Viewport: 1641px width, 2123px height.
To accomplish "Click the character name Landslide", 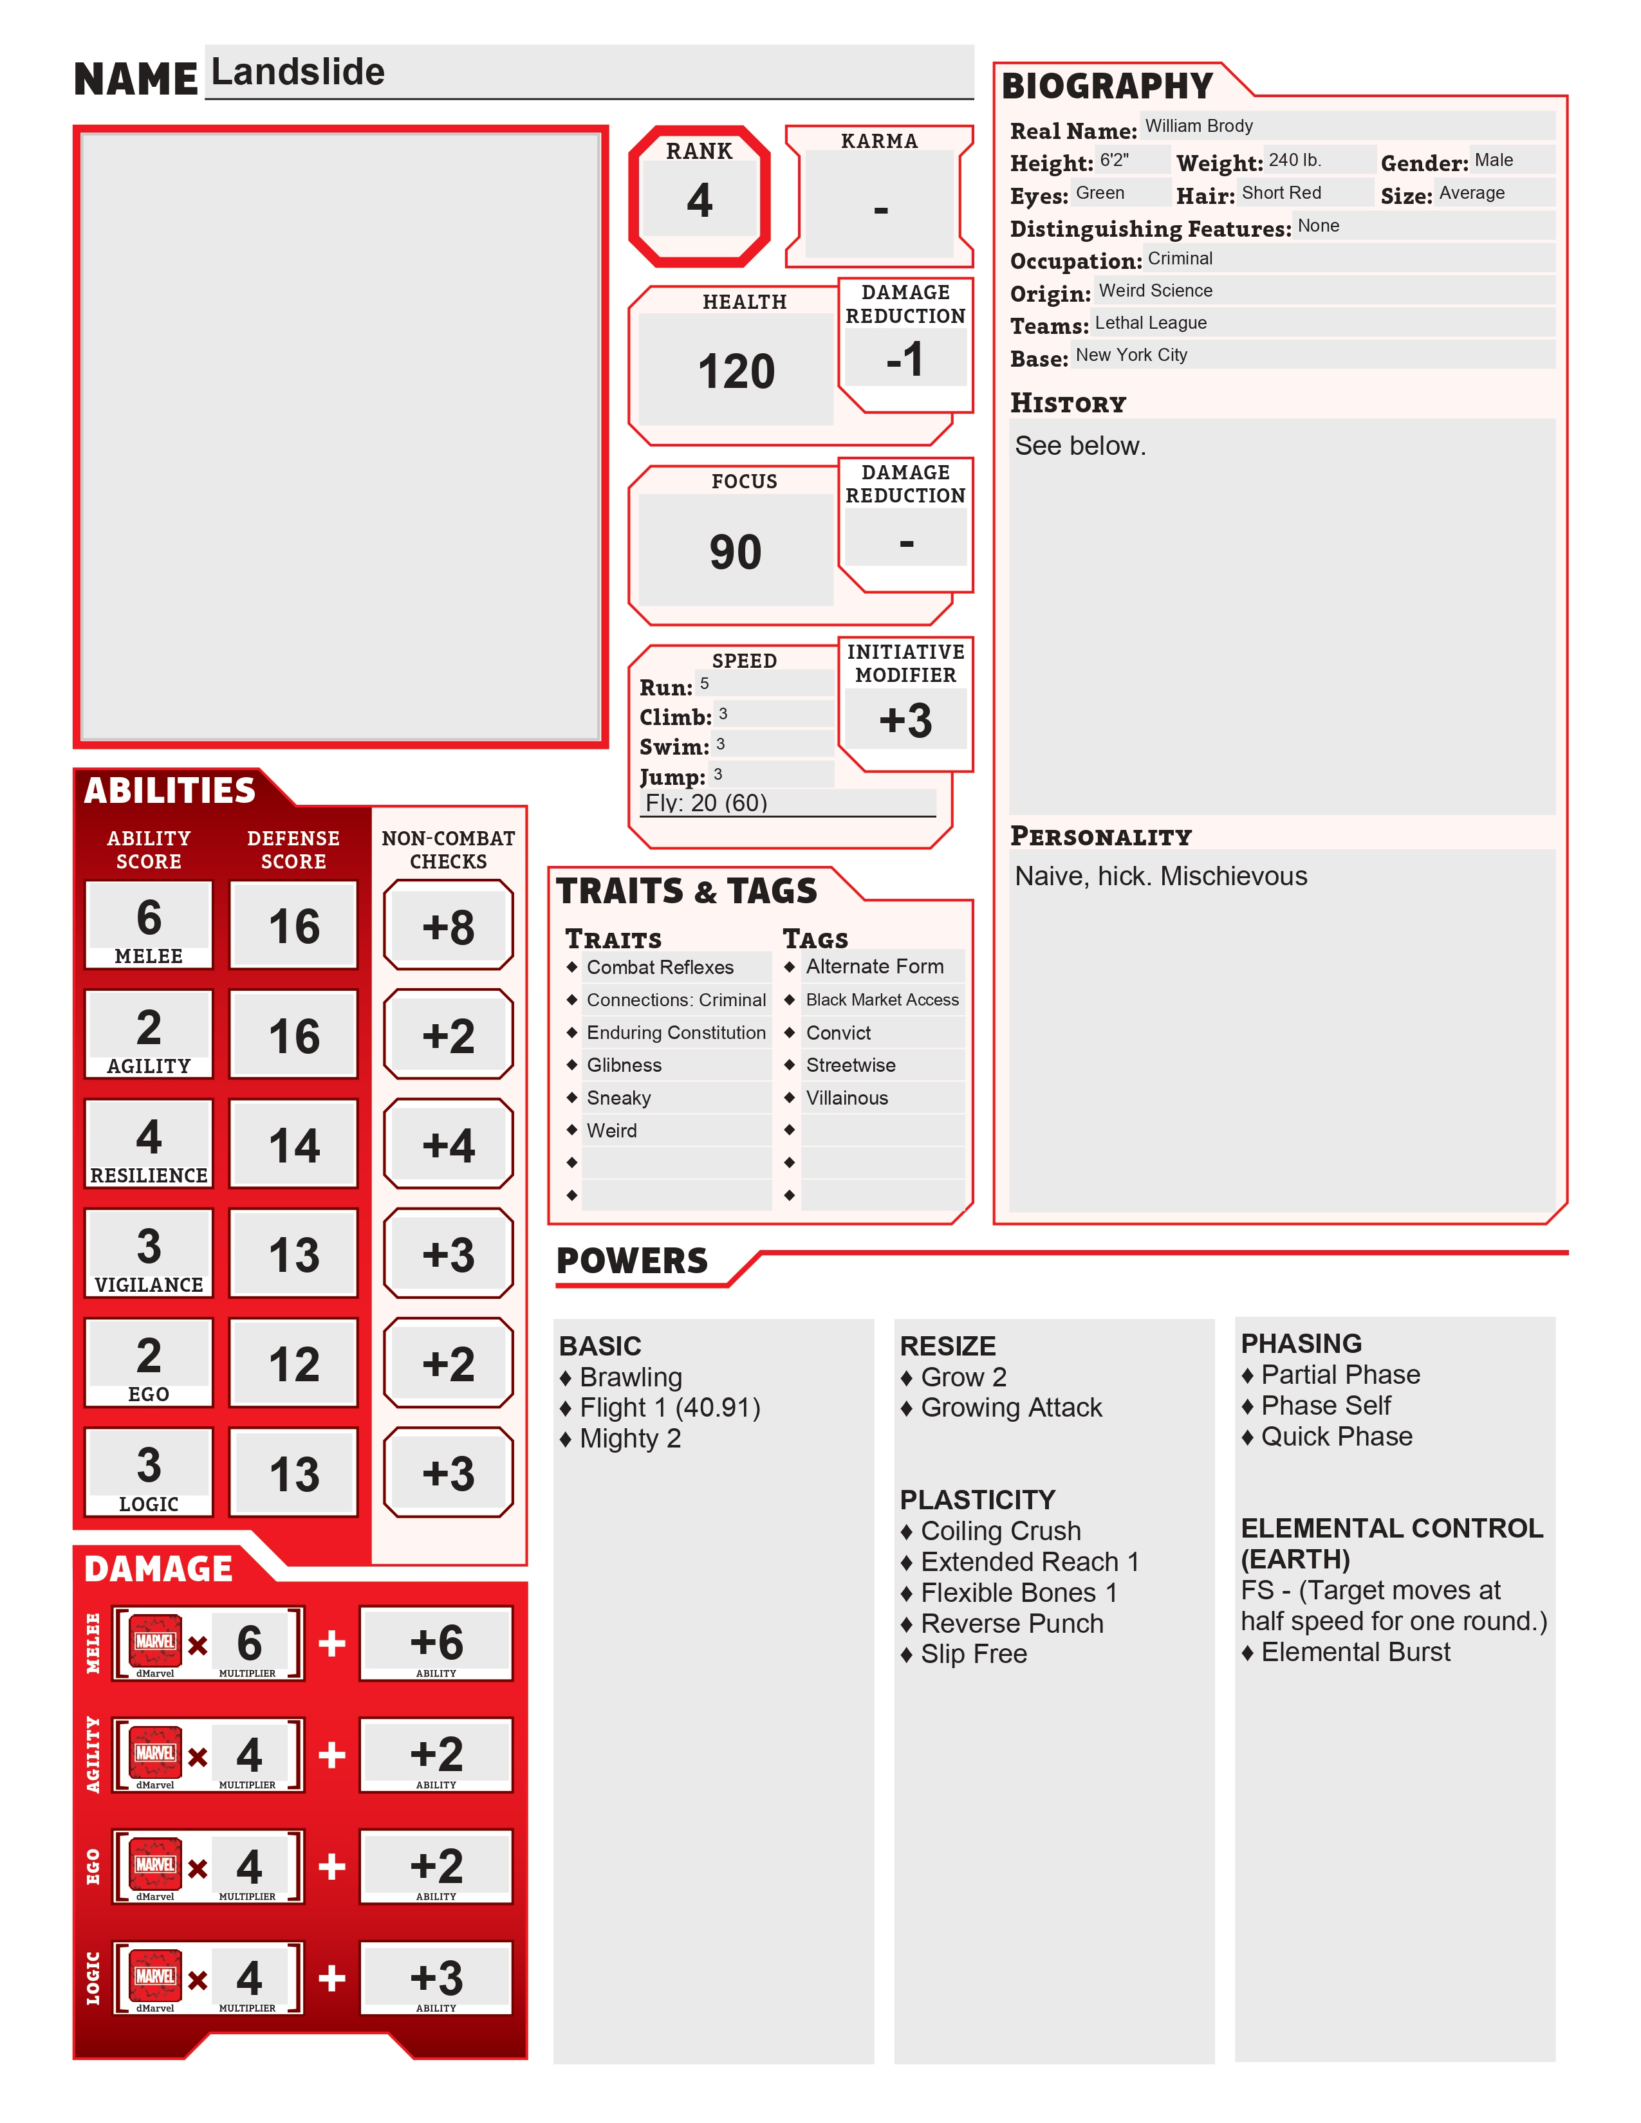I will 297,72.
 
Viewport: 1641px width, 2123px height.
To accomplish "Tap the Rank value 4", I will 699,200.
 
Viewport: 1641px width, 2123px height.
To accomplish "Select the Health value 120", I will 736,371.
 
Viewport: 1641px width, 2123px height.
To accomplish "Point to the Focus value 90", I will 735,552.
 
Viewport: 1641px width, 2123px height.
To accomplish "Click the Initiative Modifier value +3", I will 905,721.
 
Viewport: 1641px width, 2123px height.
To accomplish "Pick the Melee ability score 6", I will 149,917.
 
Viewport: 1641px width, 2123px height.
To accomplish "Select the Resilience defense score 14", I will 293,1145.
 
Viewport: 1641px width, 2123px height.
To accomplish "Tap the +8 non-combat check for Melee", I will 448,926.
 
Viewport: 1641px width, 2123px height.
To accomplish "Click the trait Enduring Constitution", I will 676,1033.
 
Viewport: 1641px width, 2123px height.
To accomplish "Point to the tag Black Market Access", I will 882,999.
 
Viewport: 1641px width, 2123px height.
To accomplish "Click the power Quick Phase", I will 1336,1437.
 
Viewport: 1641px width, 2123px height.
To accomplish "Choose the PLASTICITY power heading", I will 977,1500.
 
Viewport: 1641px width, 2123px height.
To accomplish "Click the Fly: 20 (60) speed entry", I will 707,803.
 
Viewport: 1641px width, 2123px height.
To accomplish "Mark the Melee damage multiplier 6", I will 249,1643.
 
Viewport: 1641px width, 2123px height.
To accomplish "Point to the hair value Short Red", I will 1281,192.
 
